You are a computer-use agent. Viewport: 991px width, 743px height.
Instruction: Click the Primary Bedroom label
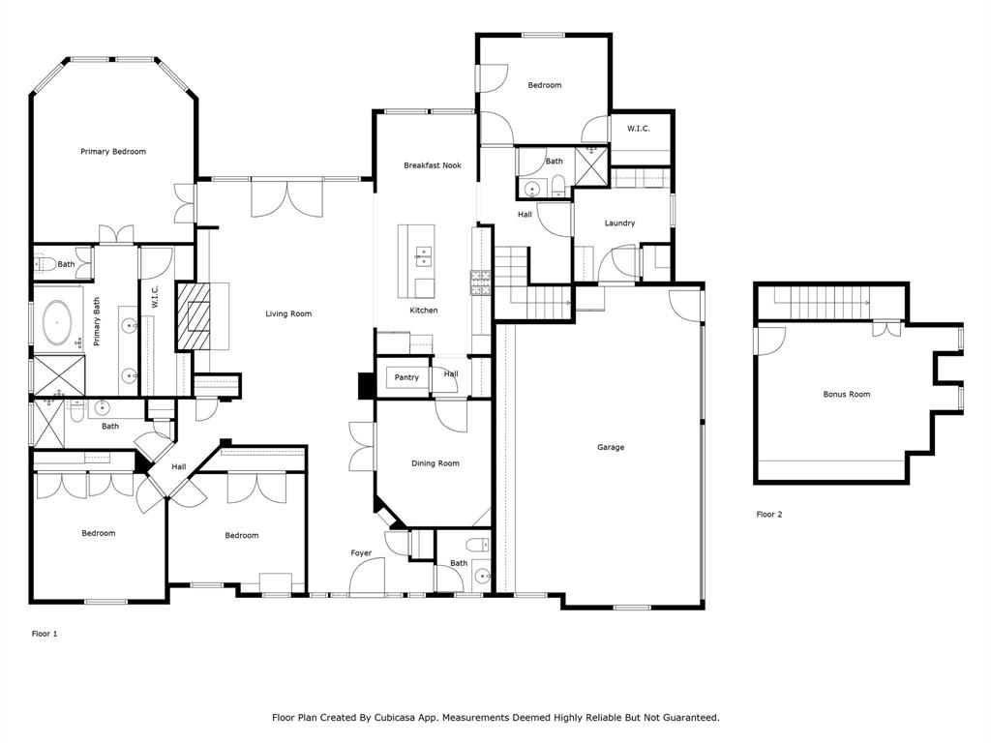click(x=113, y=152)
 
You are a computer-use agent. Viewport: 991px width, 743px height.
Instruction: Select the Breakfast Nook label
click(x=432, y=165)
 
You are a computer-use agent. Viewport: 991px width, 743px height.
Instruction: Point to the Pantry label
click(x=406, y=377)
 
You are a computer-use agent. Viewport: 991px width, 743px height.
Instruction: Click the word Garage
click(x=610, y=447)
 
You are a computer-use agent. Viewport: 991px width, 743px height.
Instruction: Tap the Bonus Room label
click(x=846, y=394)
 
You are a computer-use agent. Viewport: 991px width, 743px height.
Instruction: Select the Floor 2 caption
click(x=768, y=515)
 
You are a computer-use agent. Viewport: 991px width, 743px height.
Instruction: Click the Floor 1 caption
click(x=45, y=634)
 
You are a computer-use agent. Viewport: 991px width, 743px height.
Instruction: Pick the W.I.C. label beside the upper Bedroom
click(x=638, y=129)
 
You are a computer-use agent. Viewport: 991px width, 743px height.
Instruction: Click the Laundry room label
click(x=619, y=223)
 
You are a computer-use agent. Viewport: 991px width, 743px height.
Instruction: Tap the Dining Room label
click(x=435, y=463)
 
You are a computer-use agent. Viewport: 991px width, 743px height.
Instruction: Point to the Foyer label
click(x=361, y=553)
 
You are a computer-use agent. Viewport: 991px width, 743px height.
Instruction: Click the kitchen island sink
click(x=423, y=255)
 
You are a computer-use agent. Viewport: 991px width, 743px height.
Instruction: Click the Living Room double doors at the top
click(x=286, y=197)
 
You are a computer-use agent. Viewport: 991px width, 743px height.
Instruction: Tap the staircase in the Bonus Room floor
click(x=827, y=303)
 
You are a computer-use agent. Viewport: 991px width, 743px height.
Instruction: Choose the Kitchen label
click(x=423, y=311)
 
